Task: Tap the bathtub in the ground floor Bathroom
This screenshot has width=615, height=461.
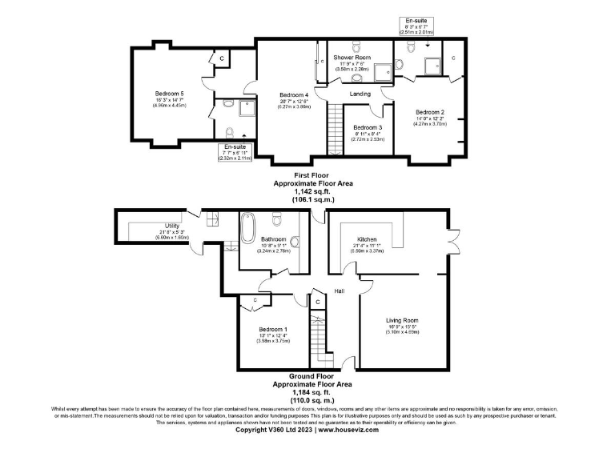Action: click(247, 230)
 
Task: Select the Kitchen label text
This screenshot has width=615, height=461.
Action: click(367, 239)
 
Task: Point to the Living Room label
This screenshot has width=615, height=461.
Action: click(402, 320)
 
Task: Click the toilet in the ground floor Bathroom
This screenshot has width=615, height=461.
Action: click(278, 220)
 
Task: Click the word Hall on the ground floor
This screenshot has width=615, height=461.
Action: click(340, 291)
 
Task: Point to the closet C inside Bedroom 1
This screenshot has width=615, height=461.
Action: click(254, 300)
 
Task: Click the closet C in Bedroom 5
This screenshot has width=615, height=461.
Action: click(221, 59)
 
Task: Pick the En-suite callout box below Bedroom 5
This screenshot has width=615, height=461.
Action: click(235, 153)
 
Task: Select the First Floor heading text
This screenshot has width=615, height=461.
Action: click(312, 174)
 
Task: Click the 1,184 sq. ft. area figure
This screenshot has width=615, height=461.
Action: click(312, 392)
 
